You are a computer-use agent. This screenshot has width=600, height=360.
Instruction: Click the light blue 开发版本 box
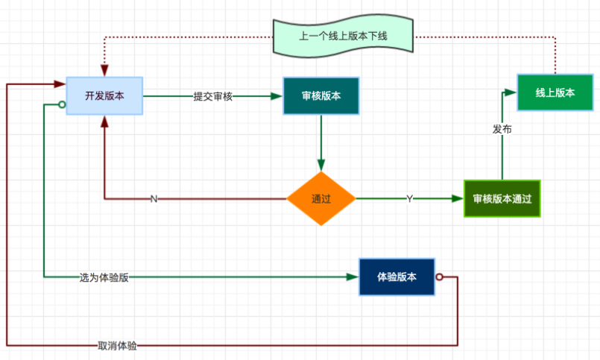pyautogui.click(x=104, y=95)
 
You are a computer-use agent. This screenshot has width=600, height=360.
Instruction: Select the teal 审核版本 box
pyautogui.click(x=321, y=95)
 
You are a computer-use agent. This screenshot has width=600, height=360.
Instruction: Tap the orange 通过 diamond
pyautogui.click(x=321, y=199)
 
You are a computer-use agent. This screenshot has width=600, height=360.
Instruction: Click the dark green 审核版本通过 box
pyautogui.click(x=502, y=199)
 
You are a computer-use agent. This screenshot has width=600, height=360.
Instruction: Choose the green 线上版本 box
pyautogui.click(x=555, y=92)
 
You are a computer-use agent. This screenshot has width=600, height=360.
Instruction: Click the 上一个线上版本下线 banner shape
pyautogui.click(x=343, y=36)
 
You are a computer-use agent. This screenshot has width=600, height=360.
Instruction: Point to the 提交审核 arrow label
pyautogui.click(x=212, y=96)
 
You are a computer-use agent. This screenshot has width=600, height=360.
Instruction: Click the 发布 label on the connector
pyautogui.click(x=502, y=129)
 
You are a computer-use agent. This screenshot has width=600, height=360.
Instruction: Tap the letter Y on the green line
pyautogui.click(x=409, y=199)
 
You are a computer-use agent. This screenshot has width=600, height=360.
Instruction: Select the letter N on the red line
pyautogui.click(x=154, y=199)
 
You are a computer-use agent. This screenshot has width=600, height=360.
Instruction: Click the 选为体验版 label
pyautogui.click(x=104, y=277)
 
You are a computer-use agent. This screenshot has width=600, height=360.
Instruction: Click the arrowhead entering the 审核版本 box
pyautogui.click(x=277, y=95)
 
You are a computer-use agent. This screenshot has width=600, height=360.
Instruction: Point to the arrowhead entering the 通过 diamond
pyautogui.click(x=321, y=165)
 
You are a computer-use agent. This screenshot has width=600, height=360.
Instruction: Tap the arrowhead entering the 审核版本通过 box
pyautogui.click(x=458, y=199)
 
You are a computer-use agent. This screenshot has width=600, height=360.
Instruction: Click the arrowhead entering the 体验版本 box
pyautogui.click(x=353, y=277)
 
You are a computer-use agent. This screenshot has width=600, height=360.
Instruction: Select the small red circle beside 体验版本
pyautogui.click(x=439, y=277)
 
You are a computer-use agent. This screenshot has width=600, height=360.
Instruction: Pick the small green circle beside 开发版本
pyautogui.click(x=63, y=105)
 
